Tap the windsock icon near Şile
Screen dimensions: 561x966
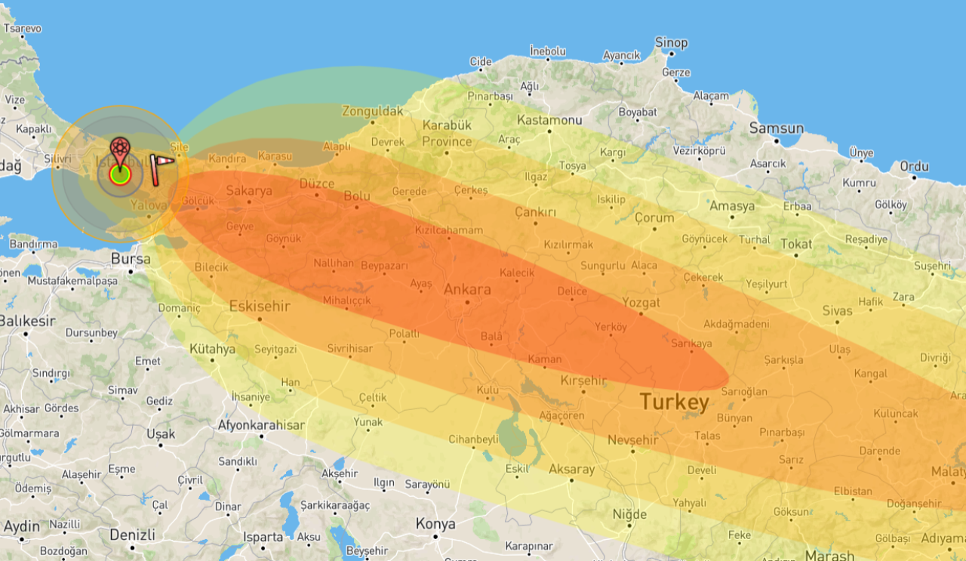coord(161,169)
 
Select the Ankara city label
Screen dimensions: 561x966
coord(467,289)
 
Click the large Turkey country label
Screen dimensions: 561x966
coord(675,402)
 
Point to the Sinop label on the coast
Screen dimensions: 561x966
coord(671,43)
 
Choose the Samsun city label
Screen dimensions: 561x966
coord(776,129)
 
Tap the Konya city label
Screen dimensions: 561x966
coord(435,523)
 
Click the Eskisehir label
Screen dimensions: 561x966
coord(260,306)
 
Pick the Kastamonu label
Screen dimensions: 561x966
coord(549,120)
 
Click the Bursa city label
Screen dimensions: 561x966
coord(131,259)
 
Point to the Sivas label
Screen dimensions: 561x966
coord(837,310)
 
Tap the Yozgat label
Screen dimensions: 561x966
coord(641,302)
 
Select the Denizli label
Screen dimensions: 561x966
coord(132,535)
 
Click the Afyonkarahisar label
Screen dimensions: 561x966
coord(261,425)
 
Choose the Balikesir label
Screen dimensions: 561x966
coord(27,321)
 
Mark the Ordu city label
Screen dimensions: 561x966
coord(913,166)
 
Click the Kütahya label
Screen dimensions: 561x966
coord(212,350)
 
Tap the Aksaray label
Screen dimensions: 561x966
coord(571,469)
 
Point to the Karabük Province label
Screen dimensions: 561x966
coord(447,133)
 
